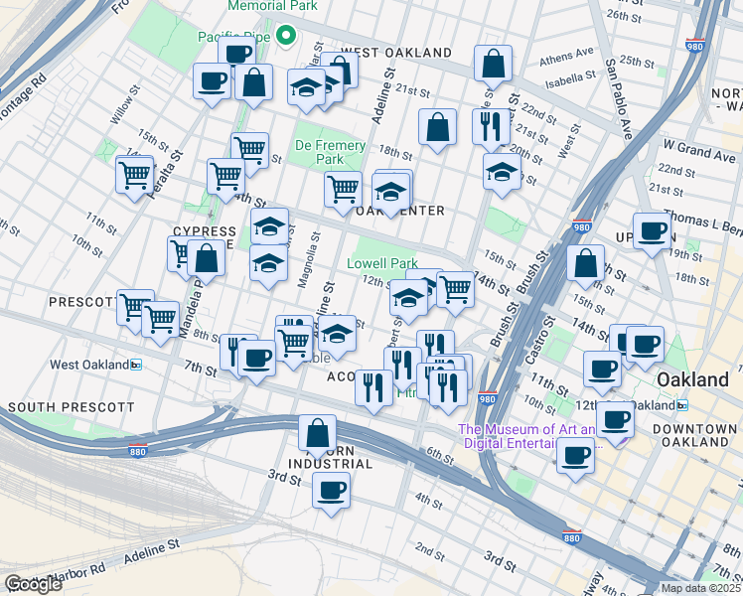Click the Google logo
coord(33,584)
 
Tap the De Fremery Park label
coord(331,152)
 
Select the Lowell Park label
coord(381,264)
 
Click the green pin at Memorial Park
coord(286,36)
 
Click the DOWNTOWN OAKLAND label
coord(696,435)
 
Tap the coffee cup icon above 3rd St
coord(331,489)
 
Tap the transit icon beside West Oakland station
coord(136,365)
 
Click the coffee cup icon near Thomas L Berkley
coord(652,230)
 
